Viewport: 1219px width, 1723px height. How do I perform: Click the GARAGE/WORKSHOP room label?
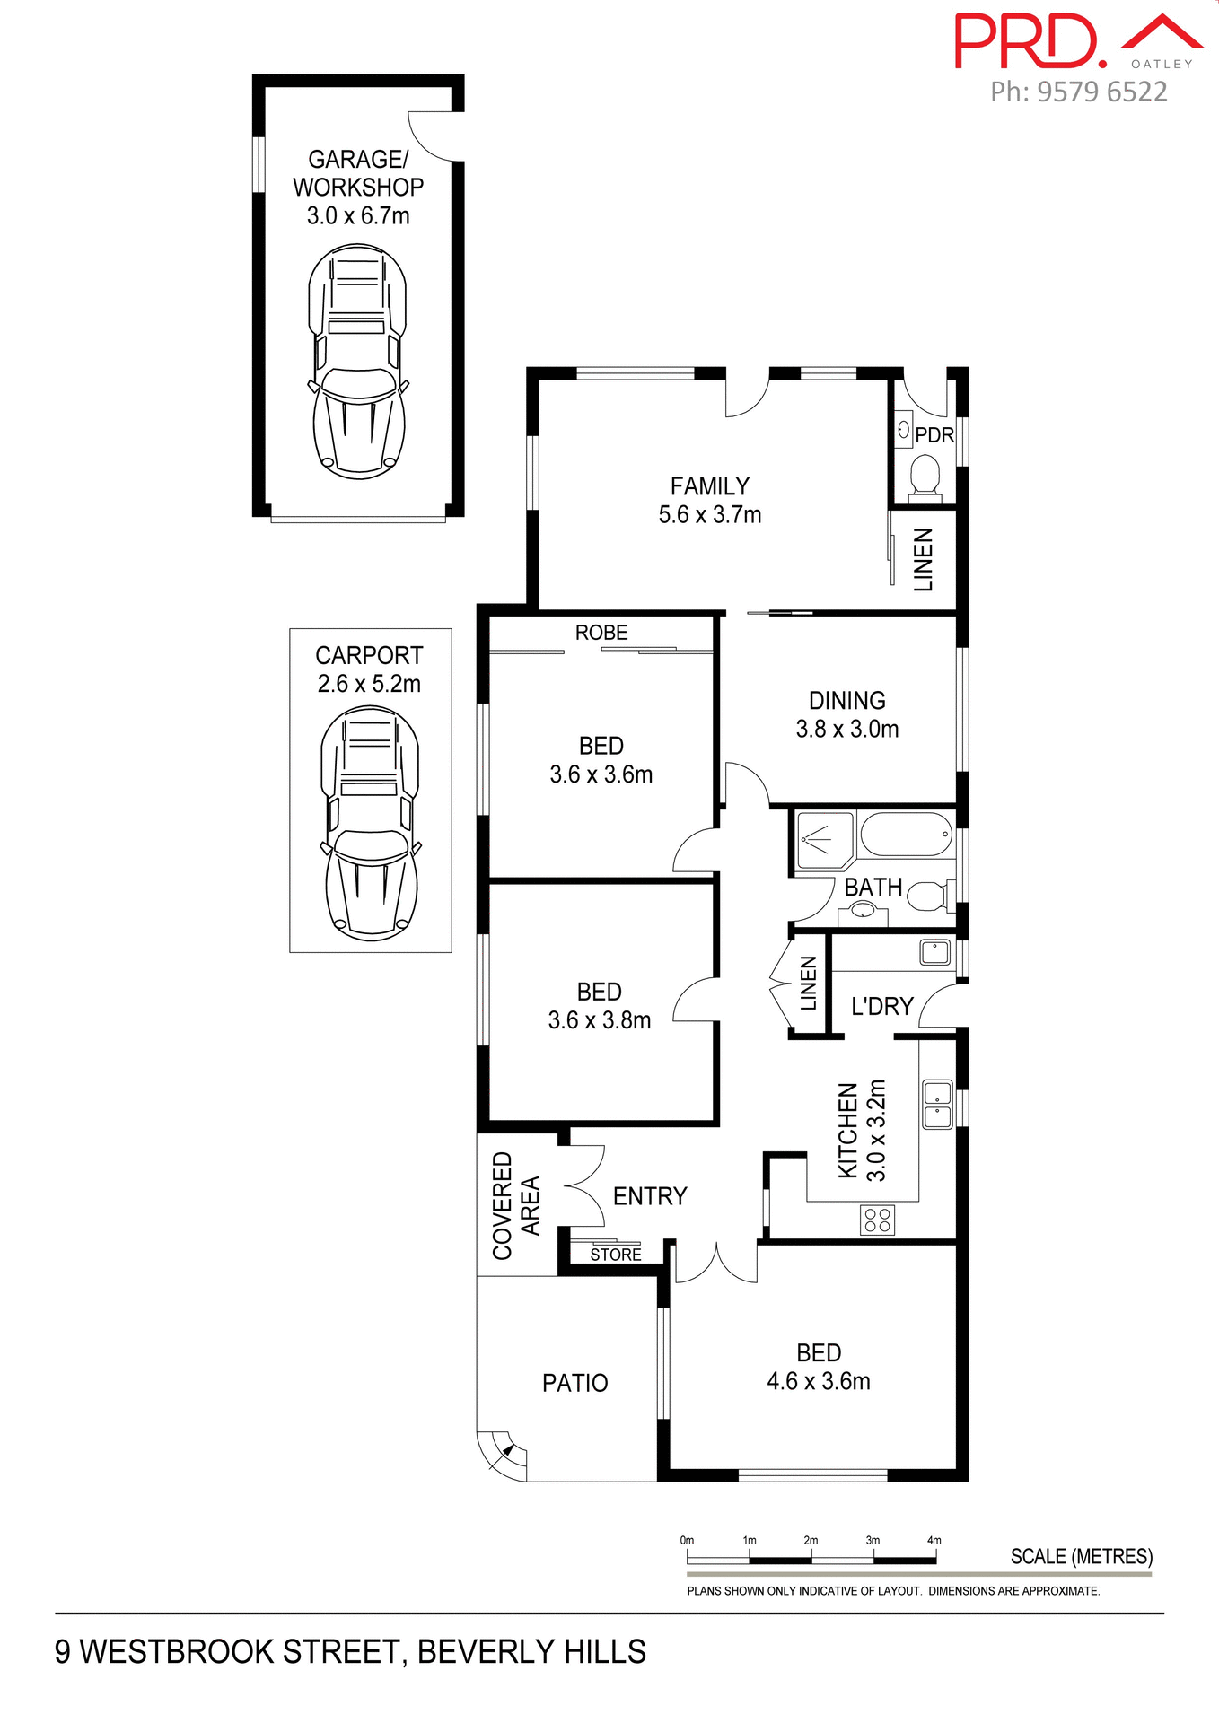(358, 187)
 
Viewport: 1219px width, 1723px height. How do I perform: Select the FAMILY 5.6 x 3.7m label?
(710, 500)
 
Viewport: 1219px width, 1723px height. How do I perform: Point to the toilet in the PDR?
(925, 476)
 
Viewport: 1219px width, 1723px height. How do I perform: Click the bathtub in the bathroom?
(907, 835)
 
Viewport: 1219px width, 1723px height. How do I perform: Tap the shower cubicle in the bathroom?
(823, 840)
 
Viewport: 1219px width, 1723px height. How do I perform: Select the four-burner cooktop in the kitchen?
(877, 1220)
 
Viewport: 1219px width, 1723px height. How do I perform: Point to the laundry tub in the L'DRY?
(934, 952)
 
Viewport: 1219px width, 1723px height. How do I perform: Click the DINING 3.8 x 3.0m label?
(846, 714)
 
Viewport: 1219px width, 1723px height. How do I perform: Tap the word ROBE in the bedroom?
(601, 633)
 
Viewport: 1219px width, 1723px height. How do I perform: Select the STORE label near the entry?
(616, 1255)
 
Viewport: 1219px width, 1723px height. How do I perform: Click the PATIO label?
(574, 1383)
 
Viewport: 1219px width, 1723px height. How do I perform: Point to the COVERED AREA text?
(516, 1205)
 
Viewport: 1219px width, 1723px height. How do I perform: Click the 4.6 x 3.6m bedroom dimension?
(819, 1381)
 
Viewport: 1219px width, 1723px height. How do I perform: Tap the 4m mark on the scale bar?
(934, 1540)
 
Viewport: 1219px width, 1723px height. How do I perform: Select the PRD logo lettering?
(1028, 42)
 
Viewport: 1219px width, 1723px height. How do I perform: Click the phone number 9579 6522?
(1101, 92)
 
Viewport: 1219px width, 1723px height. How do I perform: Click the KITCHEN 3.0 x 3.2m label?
(862, 1131)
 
